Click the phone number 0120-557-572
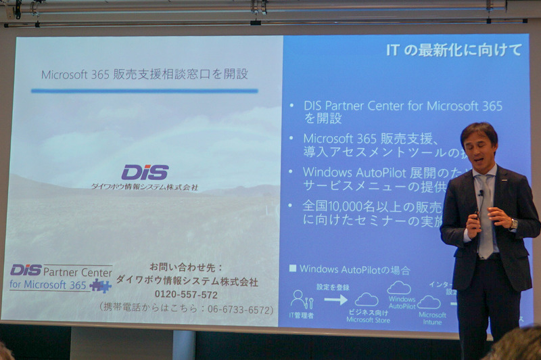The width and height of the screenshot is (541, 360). click(186, 295)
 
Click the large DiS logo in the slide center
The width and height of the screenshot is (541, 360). click(145, 173)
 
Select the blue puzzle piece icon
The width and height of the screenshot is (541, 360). click(101, 286)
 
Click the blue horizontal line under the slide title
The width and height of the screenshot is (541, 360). click(145, 91)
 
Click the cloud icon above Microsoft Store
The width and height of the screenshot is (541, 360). click(367, 299)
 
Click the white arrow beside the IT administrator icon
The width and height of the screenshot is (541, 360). click(335, 299)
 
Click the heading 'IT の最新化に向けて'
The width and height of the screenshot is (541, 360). click(453, 50)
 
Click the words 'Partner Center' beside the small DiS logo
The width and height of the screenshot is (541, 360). click(78, 271)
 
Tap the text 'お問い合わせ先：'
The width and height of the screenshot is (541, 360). click(186, 267)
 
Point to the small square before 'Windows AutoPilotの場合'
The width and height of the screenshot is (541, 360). click(293, 269)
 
